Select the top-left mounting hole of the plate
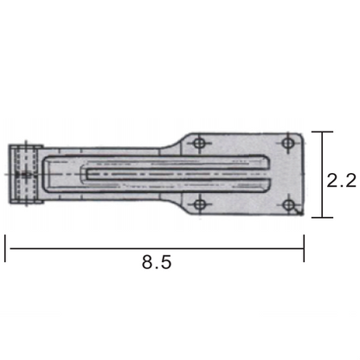[200, 141]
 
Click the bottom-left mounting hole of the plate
[201, 204]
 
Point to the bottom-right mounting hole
[288, 206]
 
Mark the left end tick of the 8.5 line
[7, 247]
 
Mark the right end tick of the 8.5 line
[304, 247]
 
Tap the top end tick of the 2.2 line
[322, 132]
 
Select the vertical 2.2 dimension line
[322, 173]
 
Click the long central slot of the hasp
[173, 173]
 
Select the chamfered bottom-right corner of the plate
[299, 212]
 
